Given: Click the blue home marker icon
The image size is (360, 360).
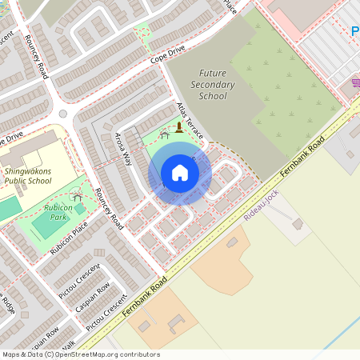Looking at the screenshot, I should (180, 173).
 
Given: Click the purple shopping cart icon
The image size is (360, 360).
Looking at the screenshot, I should (355, 82).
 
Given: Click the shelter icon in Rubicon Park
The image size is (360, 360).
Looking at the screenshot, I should (77, 195).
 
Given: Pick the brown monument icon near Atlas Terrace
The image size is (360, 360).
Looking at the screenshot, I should (179, 126).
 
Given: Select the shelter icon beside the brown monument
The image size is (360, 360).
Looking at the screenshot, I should (165, 135).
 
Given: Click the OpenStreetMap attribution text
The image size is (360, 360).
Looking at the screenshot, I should (80, 354).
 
